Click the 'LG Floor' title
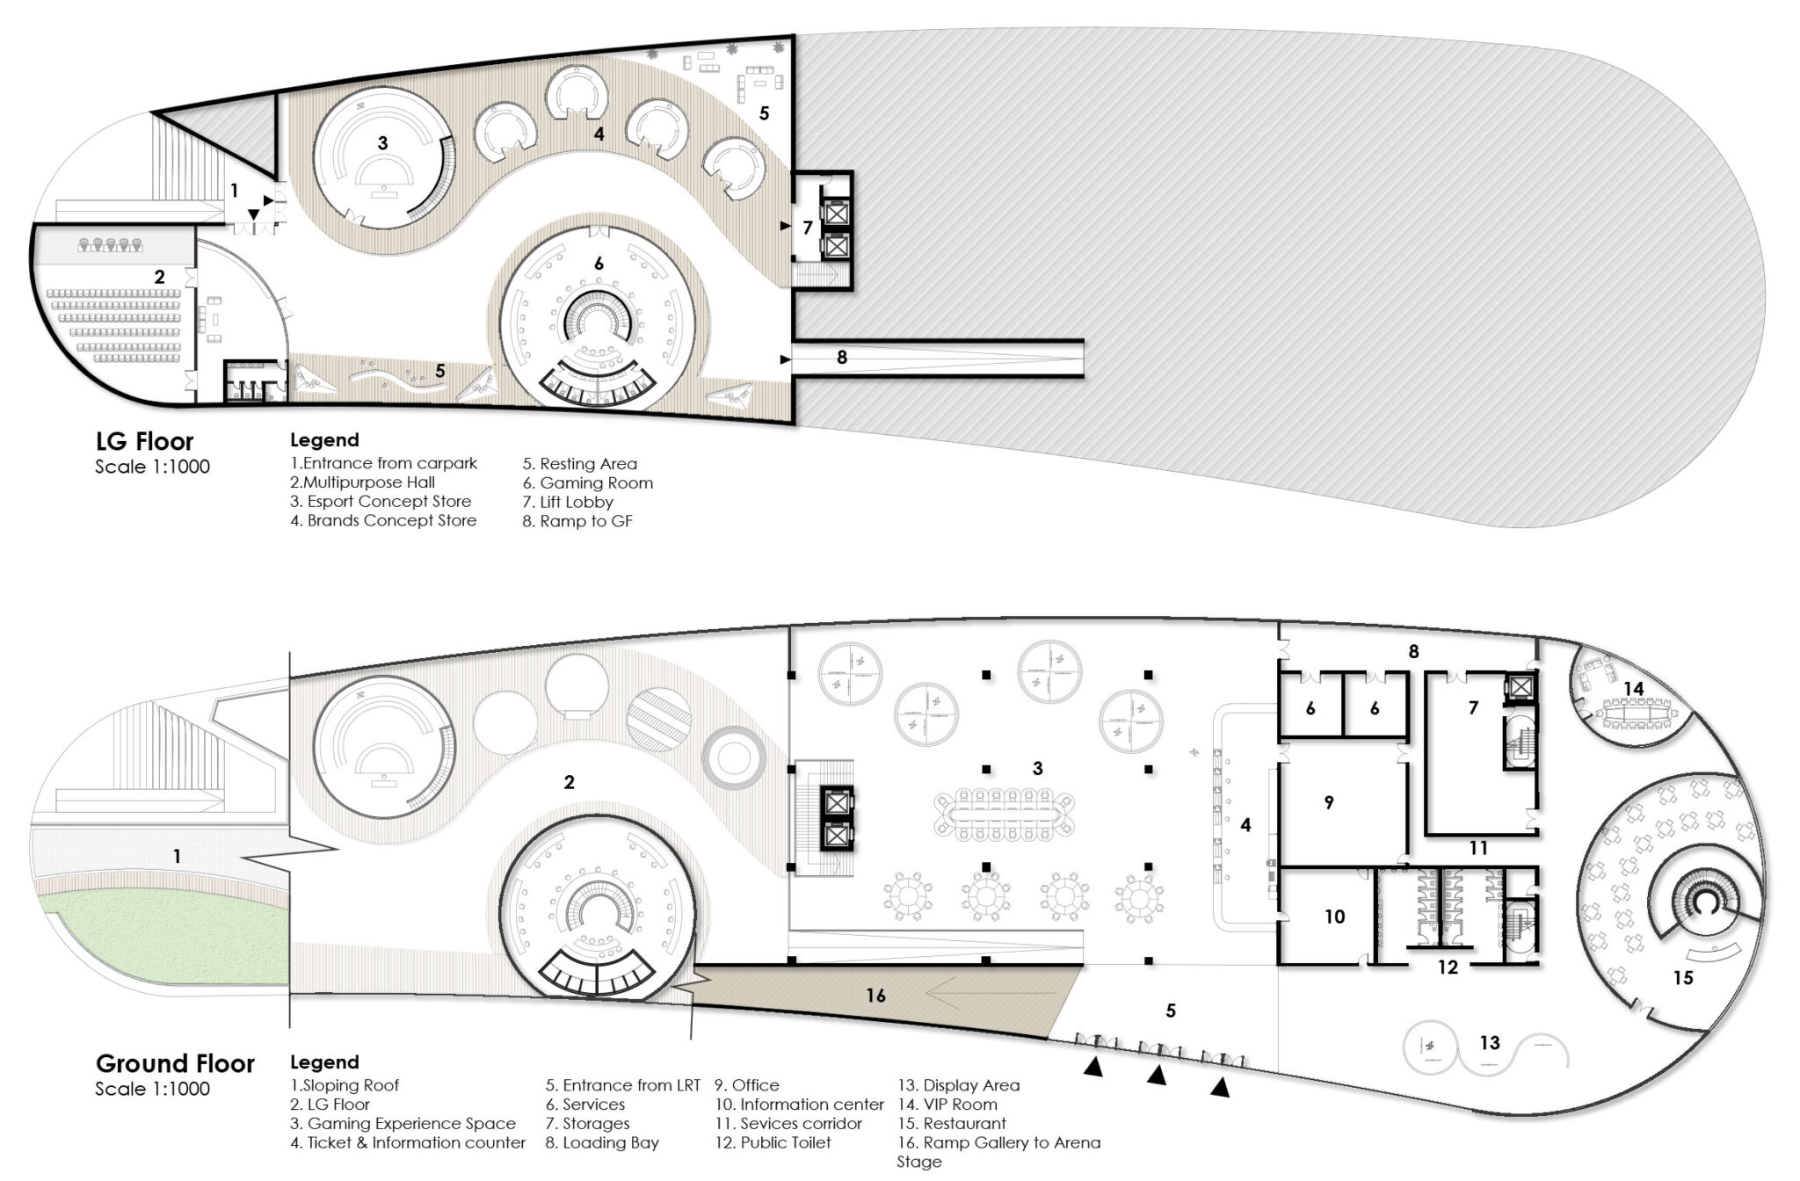coord(144,441)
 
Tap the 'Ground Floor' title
coord(175,1063)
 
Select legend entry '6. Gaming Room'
coord(588,482)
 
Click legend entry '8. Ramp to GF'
coord(577,521)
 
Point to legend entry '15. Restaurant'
coord(952,1123)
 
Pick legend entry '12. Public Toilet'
coord(772,1142)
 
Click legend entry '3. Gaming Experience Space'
coord(403,1124)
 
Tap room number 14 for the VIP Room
coord(1633,689)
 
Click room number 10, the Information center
coord(1334,917)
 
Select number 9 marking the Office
coord(1329,802)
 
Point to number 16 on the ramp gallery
coord(875,995)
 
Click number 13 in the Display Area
coord(1489,1043)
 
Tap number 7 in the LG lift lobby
coord(808,228)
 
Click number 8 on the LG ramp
coord(842,358)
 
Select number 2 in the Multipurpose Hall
coord(159,277)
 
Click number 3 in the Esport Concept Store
coord(382,143)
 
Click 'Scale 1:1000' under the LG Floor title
coord(153,467)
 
